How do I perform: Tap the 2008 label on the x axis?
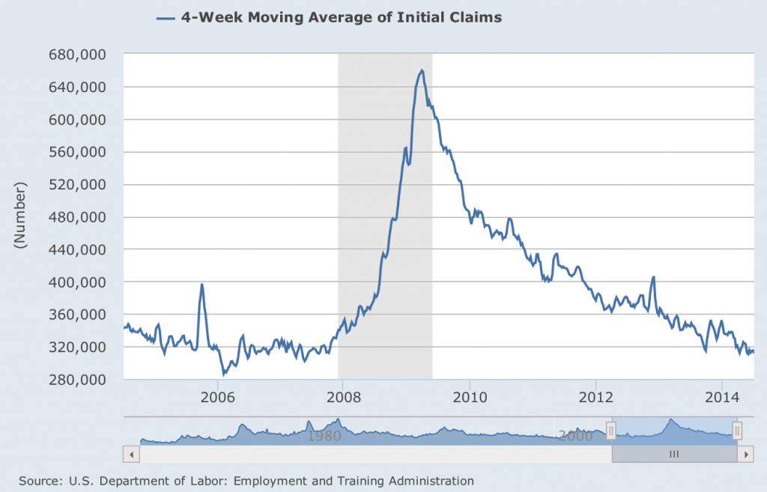pyautogui.click(x=342, y=396)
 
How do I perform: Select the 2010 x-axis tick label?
pyautogui.click(x=469, y=396)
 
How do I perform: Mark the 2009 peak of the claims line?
pyautogui.click(x=422, y=70)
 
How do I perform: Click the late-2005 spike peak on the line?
pyautogui.click(x=201, y=285)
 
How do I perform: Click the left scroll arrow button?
pyautogui.click(x=130, y=454)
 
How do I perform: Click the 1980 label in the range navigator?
pyautogui.click(x=324, y=435)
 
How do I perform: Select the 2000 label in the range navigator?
pyautogui.click(x=575, y=435)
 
